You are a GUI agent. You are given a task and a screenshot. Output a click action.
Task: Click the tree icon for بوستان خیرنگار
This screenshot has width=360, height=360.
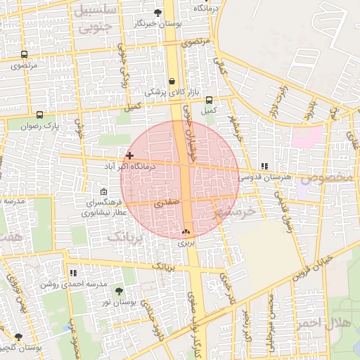point(157,12)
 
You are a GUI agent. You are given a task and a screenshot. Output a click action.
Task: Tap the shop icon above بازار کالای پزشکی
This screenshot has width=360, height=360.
point(172,81)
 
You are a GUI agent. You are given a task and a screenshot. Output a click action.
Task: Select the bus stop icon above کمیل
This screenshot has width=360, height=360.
point(209,100)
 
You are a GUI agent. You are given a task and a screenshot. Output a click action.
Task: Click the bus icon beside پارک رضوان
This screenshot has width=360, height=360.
point(39,115)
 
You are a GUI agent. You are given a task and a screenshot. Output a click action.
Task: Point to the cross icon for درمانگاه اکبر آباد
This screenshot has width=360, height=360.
point(129,155)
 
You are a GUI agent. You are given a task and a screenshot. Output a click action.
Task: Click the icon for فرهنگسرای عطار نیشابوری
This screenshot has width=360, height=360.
point(104,192)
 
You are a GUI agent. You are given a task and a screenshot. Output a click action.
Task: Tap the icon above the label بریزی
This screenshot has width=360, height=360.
point(186,231)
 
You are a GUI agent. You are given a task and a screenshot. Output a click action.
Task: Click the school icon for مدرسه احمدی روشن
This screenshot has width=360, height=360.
point(72,273)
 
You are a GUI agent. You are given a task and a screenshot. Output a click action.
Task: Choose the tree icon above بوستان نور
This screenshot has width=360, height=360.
point(117,290)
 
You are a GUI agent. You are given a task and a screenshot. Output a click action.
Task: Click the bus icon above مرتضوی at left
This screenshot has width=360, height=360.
point(25,54)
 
